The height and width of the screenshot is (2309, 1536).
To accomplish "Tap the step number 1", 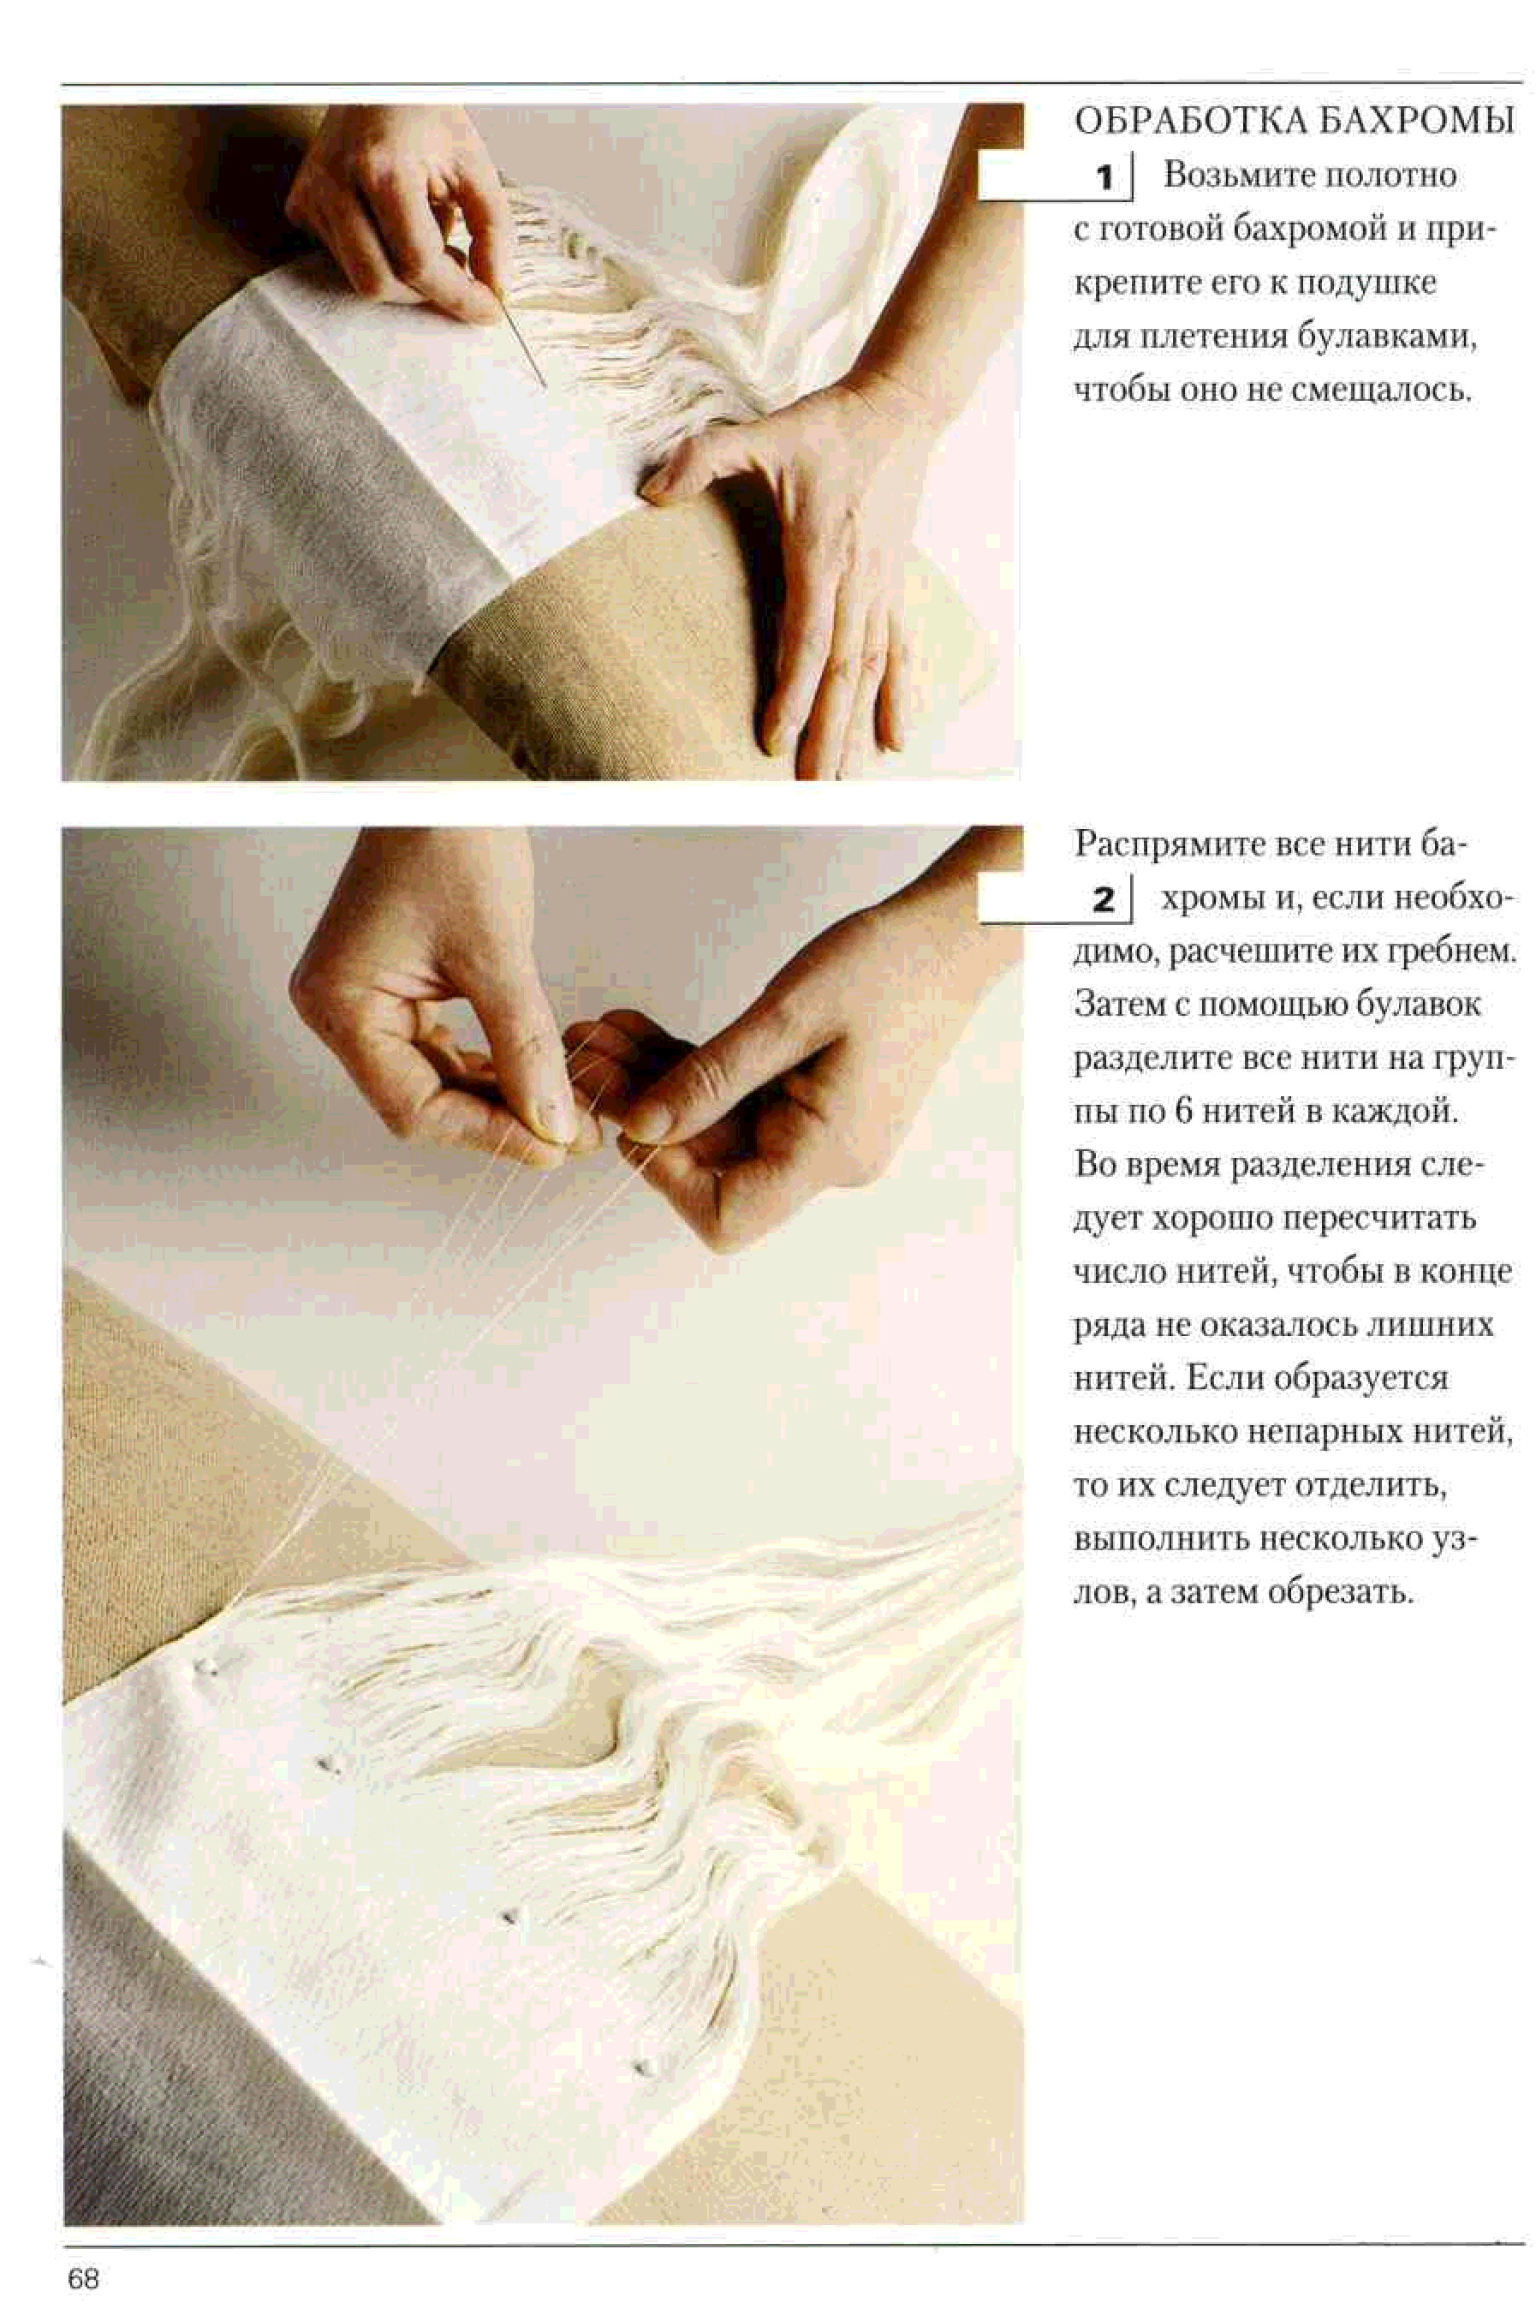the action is pos(1105,177).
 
